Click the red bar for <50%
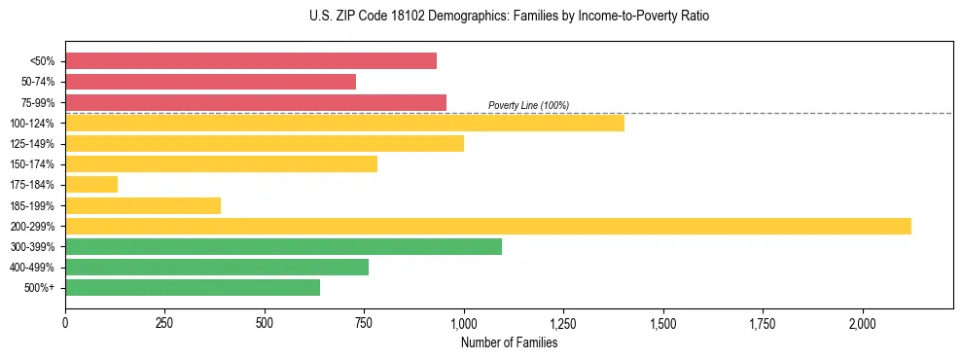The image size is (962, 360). point(251,61)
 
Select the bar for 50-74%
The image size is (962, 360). point(210,82)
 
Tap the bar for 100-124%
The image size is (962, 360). point(344,124)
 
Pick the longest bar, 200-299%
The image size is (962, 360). point(488,226)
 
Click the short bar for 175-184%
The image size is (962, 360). point(91,185)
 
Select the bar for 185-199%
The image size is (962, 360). point(143,205)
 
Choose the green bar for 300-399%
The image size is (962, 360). point(283,247)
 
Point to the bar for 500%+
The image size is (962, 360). point(193,288)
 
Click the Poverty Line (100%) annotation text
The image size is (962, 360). point(528,105)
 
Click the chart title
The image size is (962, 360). point(481,17)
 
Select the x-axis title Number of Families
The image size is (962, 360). point(509,342)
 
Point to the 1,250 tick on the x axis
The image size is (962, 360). point(563,323)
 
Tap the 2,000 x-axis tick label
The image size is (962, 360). point(862,323)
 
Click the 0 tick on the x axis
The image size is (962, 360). point(65,323)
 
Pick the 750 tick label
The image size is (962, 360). point(364,323)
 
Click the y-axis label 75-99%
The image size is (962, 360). point(38,103)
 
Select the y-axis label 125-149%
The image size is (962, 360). point(34,144)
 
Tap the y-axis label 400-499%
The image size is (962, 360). point(34,268)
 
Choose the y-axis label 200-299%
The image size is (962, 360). point(34,227)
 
